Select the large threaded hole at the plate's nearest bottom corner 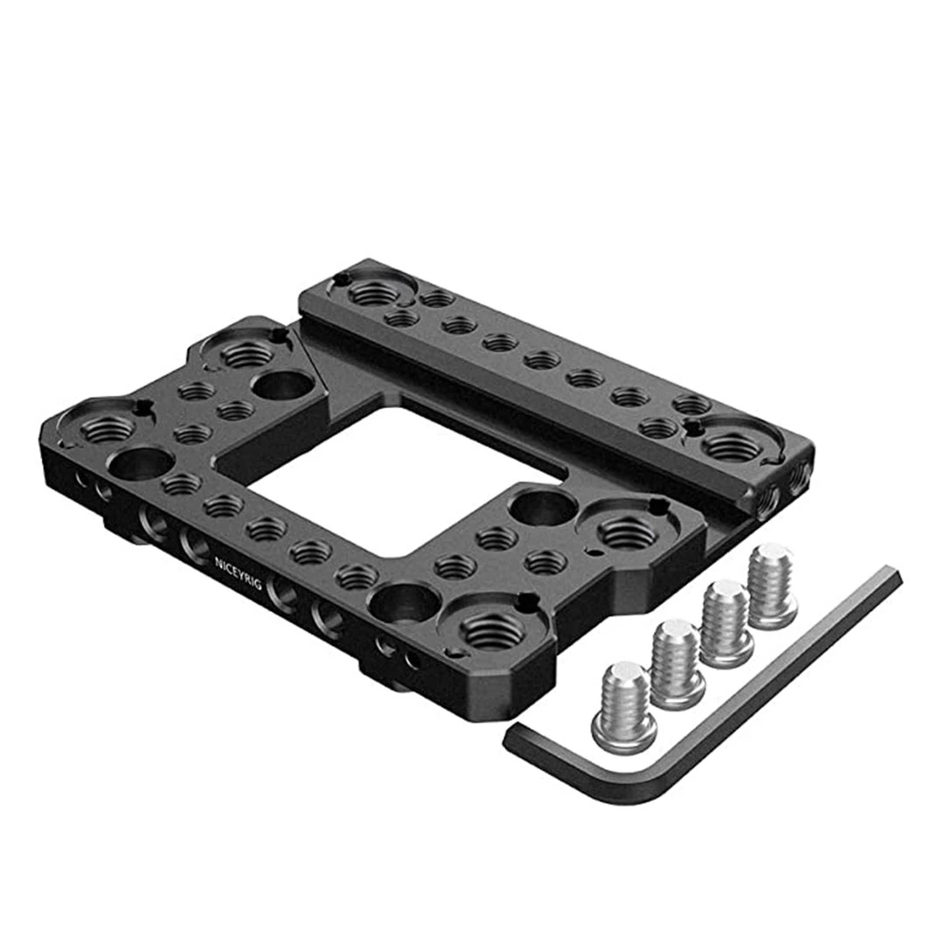click(x=491, y=632)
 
